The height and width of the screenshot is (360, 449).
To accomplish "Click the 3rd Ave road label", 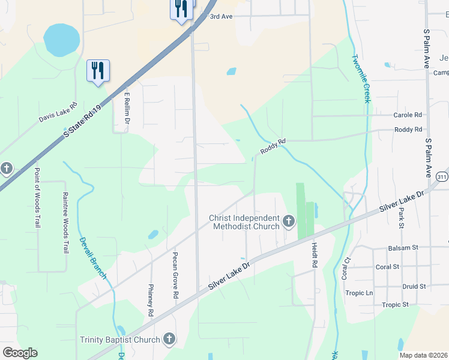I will click(220, 16).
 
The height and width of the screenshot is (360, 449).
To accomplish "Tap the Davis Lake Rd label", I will click(58, 112).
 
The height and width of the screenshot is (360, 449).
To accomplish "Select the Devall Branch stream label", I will click(93, 258).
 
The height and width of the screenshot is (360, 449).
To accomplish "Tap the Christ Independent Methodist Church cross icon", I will click(289, 222).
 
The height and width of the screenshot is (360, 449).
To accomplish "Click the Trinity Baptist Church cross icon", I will click(169, 340).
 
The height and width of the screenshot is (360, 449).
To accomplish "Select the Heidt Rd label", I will click(314, 254).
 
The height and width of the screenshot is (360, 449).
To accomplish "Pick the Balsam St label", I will click(403, 247).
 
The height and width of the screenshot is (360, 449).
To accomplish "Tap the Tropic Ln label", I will click(359, 293).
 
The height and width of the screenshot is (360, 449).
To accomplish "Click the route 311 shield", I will click(442, 176).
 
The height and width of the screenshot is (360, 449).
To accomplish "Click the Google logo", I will click(20, 353).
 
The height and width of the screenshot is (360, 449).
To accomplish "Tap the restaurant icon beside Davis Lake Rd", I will click(98, 71).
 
